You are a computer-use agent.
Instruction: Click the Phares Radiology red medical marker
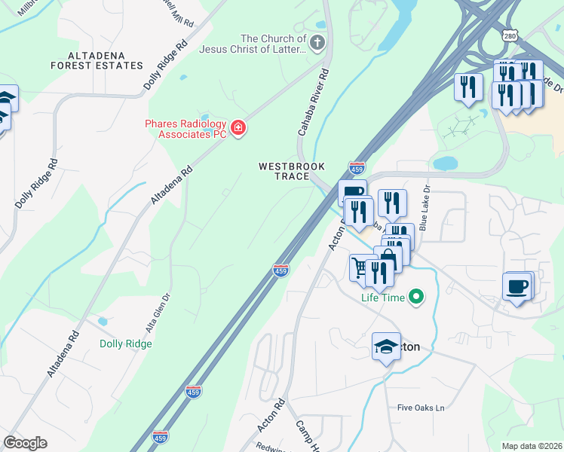click(x=238, y=128)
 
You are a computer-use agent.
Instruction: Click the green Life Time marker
click(x=415, y=298)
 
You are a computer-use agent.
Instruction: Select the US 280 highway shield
click(x=511, y=35)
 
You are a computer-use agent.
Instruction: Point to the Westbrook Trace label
click(x=284, y=171)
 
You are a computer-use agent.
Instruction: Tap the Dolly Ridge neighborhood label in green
click(x=126, y=344)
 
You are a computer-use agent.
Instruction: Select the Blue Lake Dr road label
click(x=425, y=209)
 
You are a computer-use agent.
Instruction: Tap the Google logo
click(x=25, y=443)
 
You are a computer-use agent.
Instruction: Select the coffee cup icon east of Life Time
click(x=517, y=286)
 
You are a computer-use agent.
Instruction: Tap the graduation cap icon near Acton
click(x=386, y=347)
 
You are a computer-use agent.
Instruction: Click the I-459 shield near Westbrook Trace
click(x=357, y=167)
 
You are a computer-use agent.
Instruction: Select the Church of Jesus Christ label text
click(x=273, y=44)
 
